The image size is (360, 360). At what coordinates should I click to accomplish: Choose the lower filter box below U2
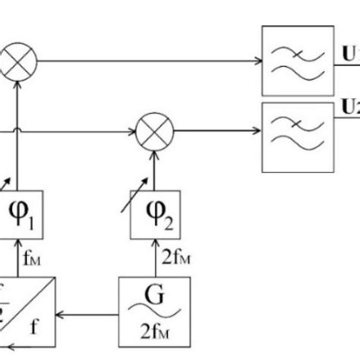pos(297,137)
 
